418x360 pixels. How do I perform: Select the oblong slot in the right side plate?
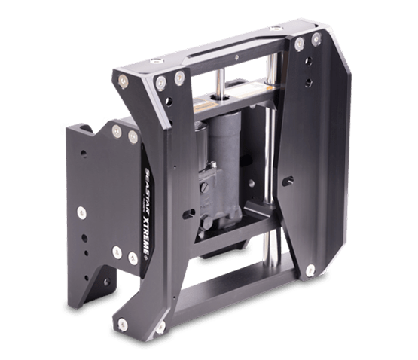(x=288, y=181)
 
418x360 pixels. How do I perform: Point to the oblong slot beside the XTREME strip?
(x=189, y=214)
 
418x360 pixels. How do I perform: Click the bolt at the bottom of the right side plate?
(x=310, y=270)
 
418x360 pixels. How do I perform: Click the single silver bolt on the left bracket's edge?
(x=81, y=212)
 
